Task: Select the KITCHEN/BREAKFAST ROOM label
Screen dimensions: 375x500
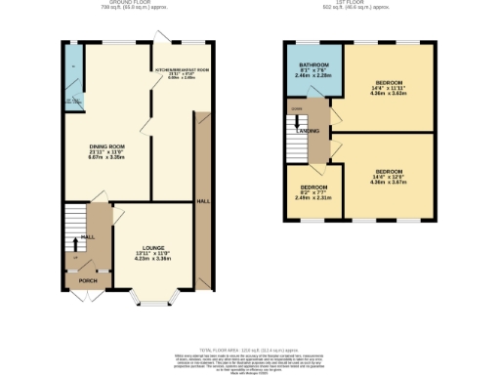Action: coord(182,70)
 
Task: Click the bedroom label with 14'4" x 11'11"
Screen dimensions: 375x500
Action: coord(390,85)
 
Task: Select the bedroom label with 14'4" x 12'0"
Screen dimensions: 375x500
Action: coord(390,171)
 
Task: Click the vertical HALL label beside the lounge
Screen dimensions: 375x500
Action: coord(203,200)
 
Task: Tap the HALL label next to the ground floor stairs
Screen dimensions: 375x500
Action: coord(87,236)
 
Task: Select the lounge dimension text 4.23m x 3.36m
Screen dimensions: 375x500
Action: coord(152,260)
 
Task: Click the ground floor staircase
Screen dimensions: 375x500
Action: coord(74,226)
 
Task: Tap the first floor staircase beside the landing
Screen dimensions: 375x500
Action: coord(296,137)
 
